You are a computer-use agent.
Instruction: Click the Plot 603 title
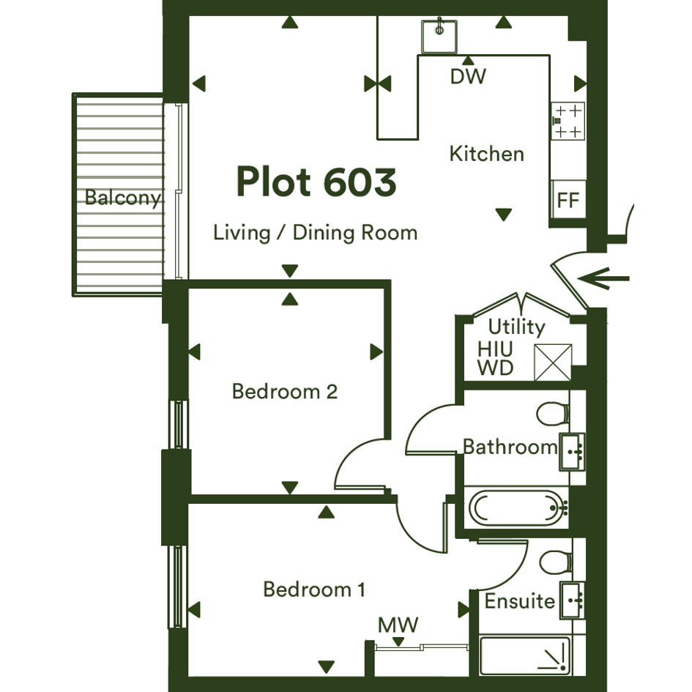(x=316, y=182)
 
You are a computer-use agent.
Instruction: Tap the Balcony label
(x=123, y=197)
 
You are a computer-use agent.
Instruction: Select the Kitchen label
(x=487, y=154)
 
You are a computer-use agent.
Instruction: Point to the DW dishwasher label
(x=468, y=76)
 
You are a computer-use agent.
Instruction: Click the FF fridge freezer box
(x=568, y=198)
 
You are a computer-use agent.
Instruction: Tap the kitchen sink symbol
(x=439, y=36)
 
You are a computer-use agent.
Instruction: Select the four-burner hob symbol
(x=568, y=121)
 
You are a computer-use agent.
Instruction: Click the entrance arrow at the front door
(x=603, y=278)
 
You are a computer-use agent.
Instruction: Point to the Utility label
(x=516, y=327)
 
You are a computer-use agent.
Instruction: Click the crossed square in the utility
(x=553, y=362)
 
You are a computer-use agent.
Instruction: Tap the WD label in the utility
(x=496, y=368)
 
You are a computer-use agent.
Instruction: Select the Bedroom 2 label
(x=285, y=392)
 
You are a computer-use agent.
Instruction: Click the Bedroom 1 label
(x=314, y=589)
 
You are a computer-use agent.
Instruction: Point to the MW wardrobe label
(x=398, y=625)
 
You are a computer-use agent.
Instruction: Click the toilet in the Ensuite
(x=556, y=562)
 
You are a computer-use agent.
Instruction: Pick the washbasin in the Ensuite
(x=573, y=600)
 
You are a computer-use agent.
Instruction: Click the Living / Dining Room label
(x=315, y=233)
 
